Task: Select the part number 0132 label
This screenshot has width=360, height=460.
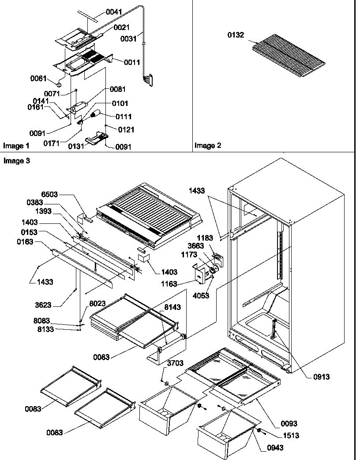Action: (236, 36)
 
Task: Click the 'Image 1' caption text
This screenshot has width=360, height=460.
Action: (16, 145)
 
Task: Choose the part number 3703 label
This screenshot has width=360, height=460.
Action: (176, 363)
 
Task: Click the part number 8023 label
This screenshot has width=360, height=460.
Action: (98, 304)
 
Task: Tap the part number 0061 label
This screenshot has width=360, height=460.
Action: (39, 78)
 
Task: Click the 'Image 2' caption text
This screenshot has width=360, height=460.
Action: (208, 145)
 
